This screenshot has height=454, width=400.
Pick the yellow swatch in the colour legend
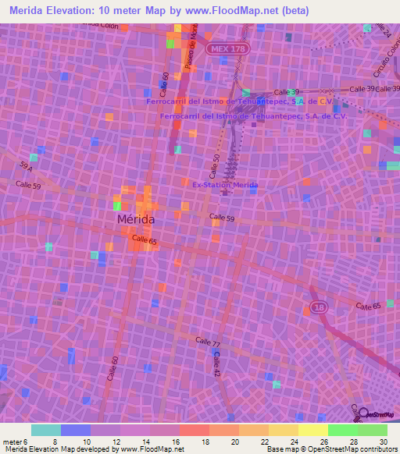pos(312,430)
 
